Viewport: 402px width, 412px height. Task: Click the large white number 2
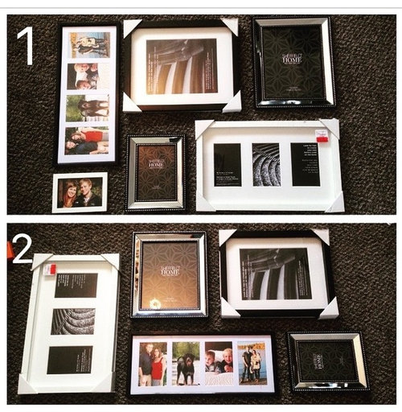coord(22,247)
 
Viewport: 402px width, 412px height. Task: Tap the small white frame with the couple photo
coord(80,192)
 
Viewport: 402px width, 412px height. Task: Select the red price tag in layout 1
coord(322,134)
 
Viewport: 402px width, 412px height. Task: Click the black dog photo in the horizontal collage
coord(185,363)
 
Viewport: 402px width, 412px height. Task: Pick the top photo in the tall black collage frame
coord(89,44)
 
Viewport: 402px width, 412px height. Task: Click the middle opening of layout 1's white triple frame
coord(266,164)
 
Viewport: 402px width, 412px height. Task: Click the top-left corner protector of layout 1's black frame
coord(132,27)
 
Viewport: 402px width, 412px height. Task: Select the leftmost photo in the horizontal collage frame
coord(152,363)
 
